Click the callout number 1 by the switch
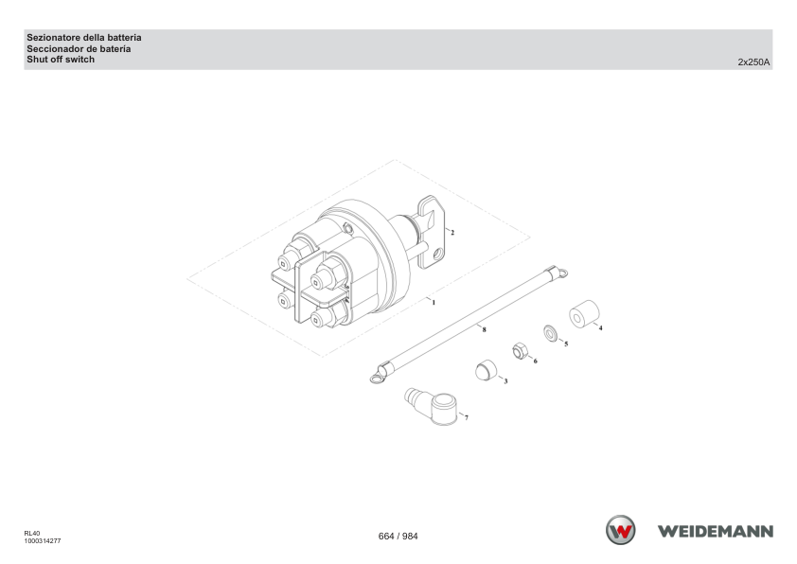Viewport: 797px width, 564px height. [x=434, y=303]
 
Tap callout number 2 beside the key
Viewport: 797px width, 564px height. [x=452, y=233]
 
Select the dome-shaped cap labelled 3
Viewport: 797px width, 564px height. [x=486, y=370]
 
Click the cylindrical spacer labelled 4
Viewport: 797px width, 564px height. [x=584, y=313]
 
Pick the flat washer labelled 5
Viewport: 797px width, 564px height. [x=551, y=333]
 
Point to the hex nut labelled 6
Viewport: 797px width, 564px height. [x=520, y=351]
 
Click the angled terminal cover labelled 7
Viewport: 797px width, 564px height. [x=432, y=406]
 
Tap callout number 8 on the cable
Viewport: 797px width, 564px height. [x=484, y=329]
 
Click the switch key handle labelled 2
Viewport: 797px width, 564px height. [x=431, y=231]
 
